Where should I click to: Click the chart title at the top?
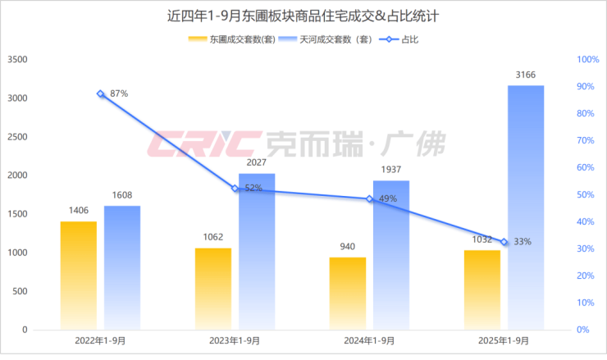point(303,14)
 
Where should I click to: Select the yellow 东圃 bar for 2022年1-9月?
point(78,275)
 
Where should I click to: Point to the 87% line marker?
point(100,94)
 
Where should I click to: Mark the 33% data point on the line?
point(504,242)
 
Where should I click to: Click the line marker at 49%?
point(370,199)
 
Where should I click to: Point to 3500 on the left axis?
point(17,60)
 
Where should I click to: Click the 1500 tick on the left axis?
point(17,214)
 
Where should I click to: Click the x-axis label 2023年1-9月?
point(235,341)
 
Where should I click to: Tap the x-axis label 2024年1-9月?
point(369,341)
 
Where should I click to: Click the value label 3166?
point(526,75)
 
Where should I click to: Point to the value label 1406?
point(78,212)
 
